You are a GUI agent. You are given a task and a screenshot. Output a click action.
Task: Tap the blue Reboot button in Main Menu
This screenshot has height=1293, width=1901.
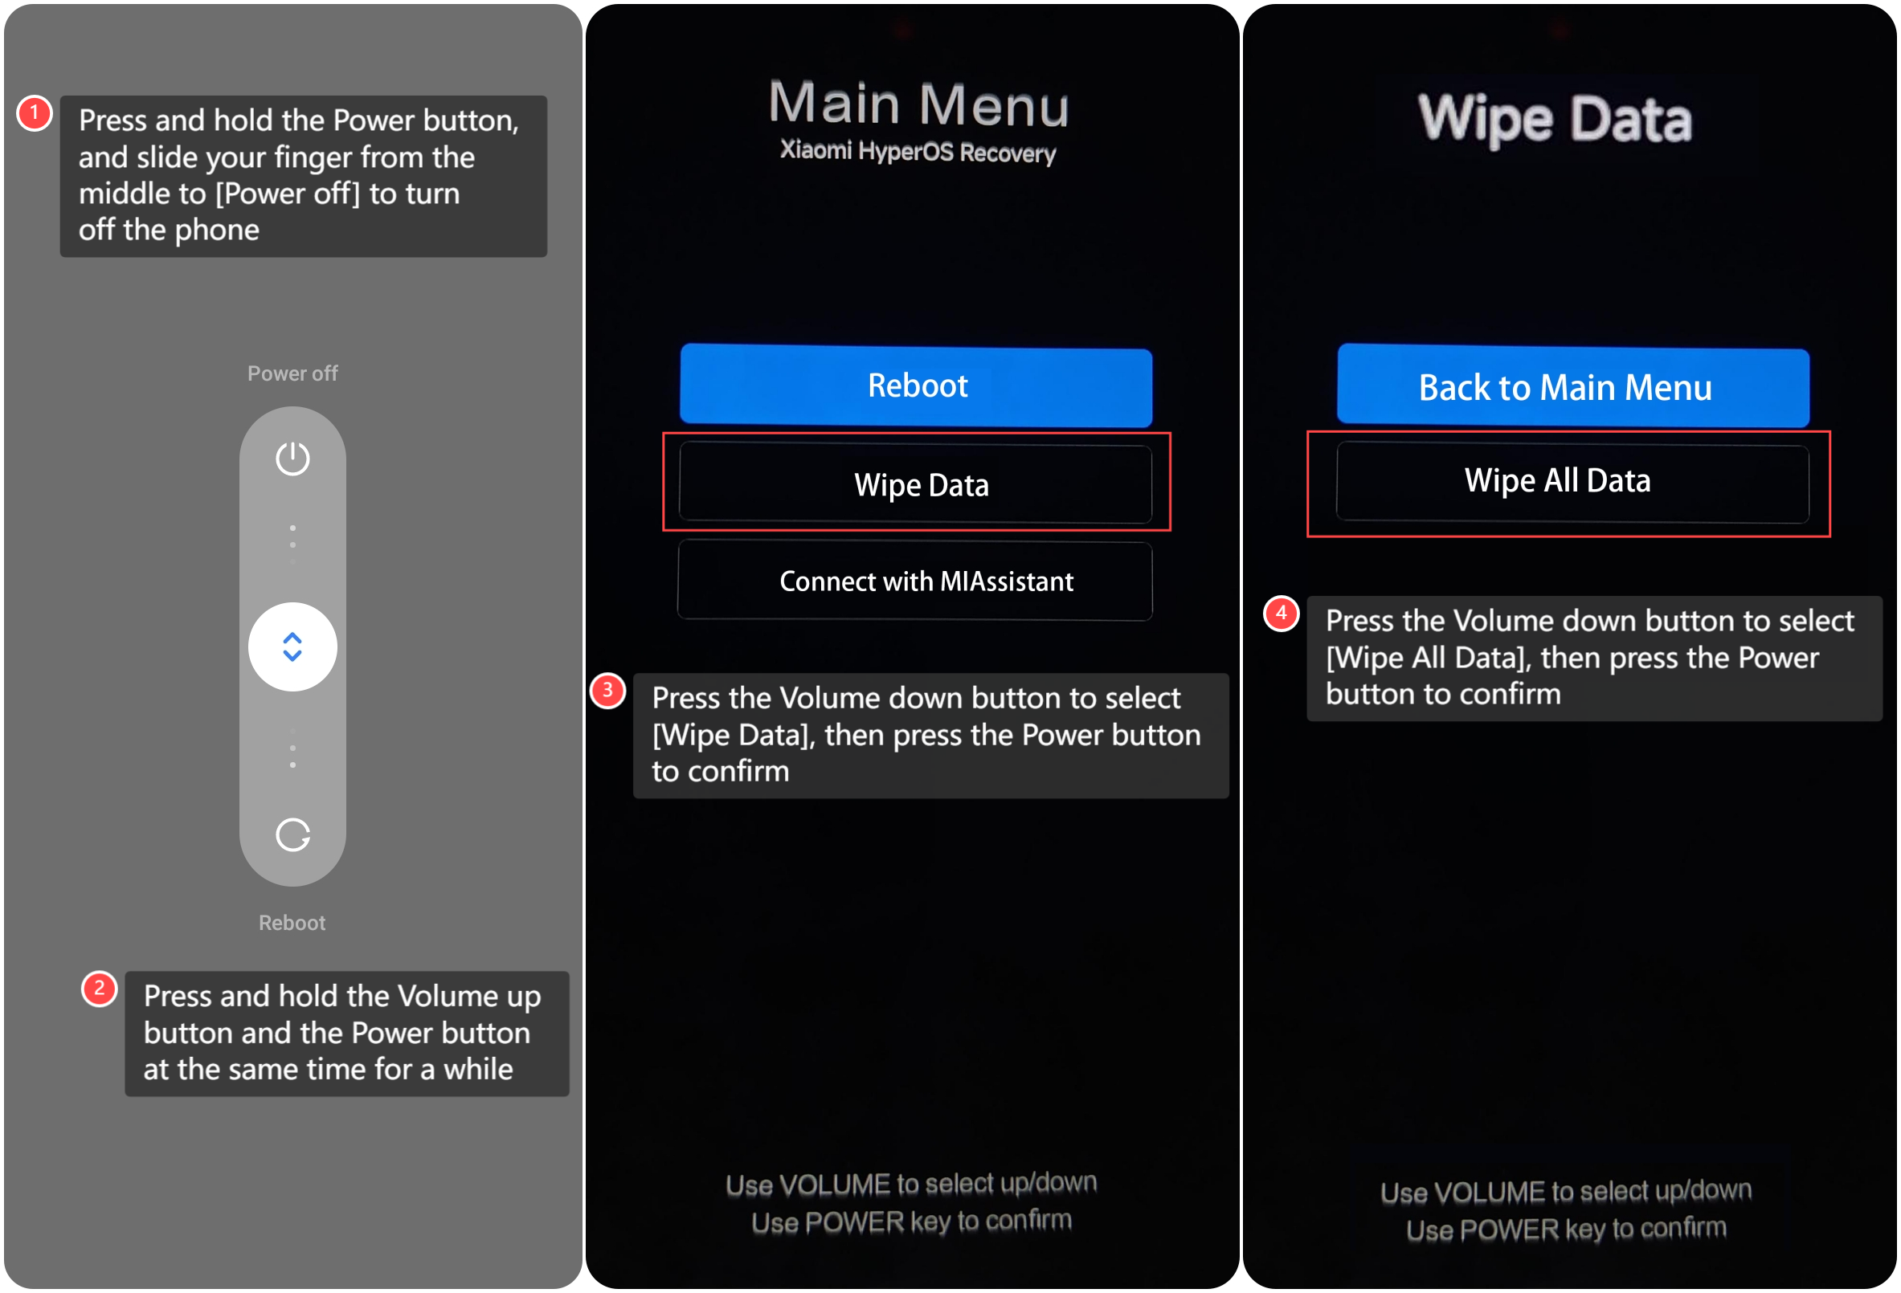(916, 386)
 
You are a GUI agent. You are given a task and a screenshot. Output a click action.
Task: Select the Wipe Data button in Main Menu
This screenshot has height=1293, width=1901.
(916, 484)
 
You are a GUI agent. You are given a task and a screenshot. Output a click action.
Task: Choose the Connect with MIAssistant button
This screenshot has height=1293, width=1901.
(915, 581)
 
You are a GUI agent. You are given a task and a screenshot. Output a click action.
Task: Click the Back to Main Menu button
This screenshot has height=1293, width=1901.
(1573, 386)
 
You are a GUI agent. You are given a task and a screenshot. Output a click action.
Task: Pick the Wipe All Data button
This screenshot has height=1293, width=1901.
(1573, 482)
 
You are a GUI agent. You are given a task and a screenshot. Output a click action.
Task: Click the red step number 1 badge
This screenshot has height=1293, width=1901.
(35, 113)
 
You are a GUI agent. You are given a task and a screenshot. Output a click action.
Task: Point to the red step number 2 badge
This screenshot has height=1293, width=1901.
(99, 989)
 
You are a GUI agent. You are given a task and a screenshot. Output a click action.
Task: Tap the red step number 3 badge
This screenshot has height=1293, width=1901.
(607, 691)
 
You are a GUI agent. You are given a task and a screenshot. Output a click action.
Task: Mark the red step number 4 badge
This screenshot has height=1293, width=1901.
(1281, 614)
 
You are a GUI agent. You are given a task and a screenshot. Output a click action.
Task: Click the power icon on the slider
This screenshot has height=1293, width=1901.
(292, 458)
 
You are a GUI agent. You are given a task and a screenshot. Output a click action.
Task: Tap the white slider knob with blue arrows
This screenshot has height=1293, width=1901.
(292, 647)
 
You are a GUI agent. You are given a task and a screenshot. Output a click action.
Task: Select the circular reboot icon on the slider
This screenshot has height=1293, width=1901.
(292, 835)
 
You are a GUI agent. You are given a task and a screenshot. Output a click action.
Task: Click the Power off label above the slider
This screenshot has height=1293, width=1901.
(292, 373)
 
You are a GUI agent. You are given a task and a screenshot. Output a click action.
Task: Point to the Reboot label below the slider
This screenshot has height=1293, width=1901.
(292, 923)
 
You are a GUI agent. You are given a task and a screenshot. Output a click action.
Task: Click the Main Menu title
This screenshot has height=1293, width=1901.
(918, 104)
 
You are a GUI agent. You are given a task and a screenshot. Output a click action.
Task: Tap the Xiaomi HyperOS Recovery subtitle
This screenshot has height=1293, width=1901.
(918, 151)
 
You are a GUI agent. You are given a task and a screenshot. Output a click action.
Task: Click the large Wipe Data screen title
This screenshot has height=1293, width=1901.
(1555, 120)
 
